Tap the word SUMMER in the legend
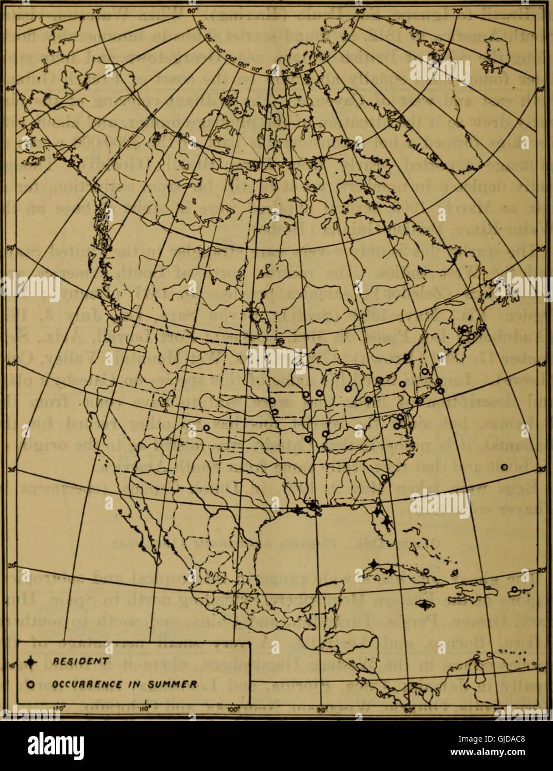coord(175,684)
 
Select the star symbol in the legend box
coord(32,661)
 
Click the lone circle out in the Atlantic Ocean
coord(504,468)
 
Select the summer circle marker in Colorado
coord(206,428)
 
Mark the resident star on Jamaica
coord(424,605)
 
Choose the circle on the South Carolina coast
coord(384,476)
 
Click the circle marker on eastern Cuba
coord(426,571)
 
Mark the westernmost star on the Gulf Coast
coord(299,510)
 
